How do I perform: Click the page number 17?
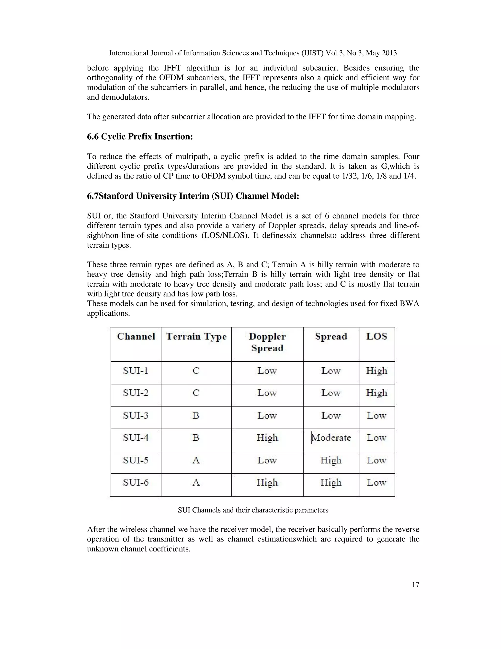[416, 585]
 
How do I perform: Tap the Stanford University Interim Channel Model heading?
[193, 196]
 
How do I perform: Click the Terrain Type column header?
[196, 337]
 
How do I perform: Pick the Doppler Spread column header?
[267, 342]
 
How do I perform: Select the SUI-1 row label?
[136, 371]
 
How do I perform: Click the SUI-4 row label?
[136, 438]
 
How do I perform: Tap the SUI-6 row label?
[136, 482]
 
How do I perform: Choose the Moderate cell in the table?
[331, 438]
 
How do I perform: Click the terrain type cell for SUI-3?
[196, 415]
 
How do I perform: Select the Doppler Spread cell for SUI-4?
[267, 438]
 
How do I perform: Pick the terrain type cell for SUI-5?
[196, 460]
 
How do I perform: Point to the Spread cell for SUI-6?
[331, 482]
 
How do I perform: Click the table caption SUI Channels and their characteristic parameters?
[253, 510]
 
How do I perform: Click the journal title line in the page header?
[253, 53]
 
